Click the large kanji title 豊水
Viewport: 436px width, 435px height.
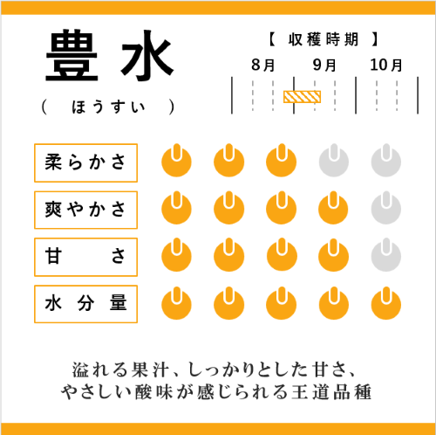[x=110, y=55]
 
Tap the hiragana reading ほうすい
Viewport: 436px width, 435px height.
[x=109, y=107]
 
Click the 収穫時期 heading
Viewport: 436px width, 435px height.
[x=324, y=39]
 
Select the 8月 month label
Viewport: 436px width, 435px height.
[x=263, y=65]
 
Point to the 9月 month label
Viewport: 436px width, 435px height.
[x=324, y=65]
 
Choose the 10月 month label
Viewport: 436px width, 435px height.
[x=386, y=65]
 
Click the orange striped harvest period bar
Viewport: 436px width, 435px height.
[x=302, y=97]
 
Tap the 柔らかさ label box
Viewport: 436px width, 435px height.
[x=85, y=162]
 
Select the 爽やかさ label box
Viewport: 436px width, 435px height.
[x=85, y=210]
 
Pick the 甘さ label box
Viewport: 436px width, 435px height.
[x=85, y=257]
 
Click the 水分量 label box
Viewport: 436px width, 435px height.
[x=85, y=304]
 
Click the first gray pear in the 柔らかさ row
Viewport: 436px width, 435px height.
[x=334, y=162]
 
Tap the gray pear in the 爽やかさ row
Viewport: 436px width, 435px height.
[x=386, y=209]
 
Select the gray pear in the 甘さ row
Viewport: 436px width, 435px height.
[x=386, y=256]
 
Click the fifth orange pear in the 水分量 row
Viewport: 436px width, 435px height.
[x=386, y=304]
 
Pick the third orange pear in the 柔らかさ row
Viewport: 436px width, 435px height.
[x=282, y=162]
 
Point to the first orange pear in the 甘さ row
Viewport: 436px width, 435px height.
[x=176, y=256]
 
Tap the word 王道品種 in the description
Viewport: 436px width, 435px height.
[x=331, y=392]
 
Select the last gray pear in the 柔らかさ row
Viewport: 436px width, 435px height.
[x=386, y=162]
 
